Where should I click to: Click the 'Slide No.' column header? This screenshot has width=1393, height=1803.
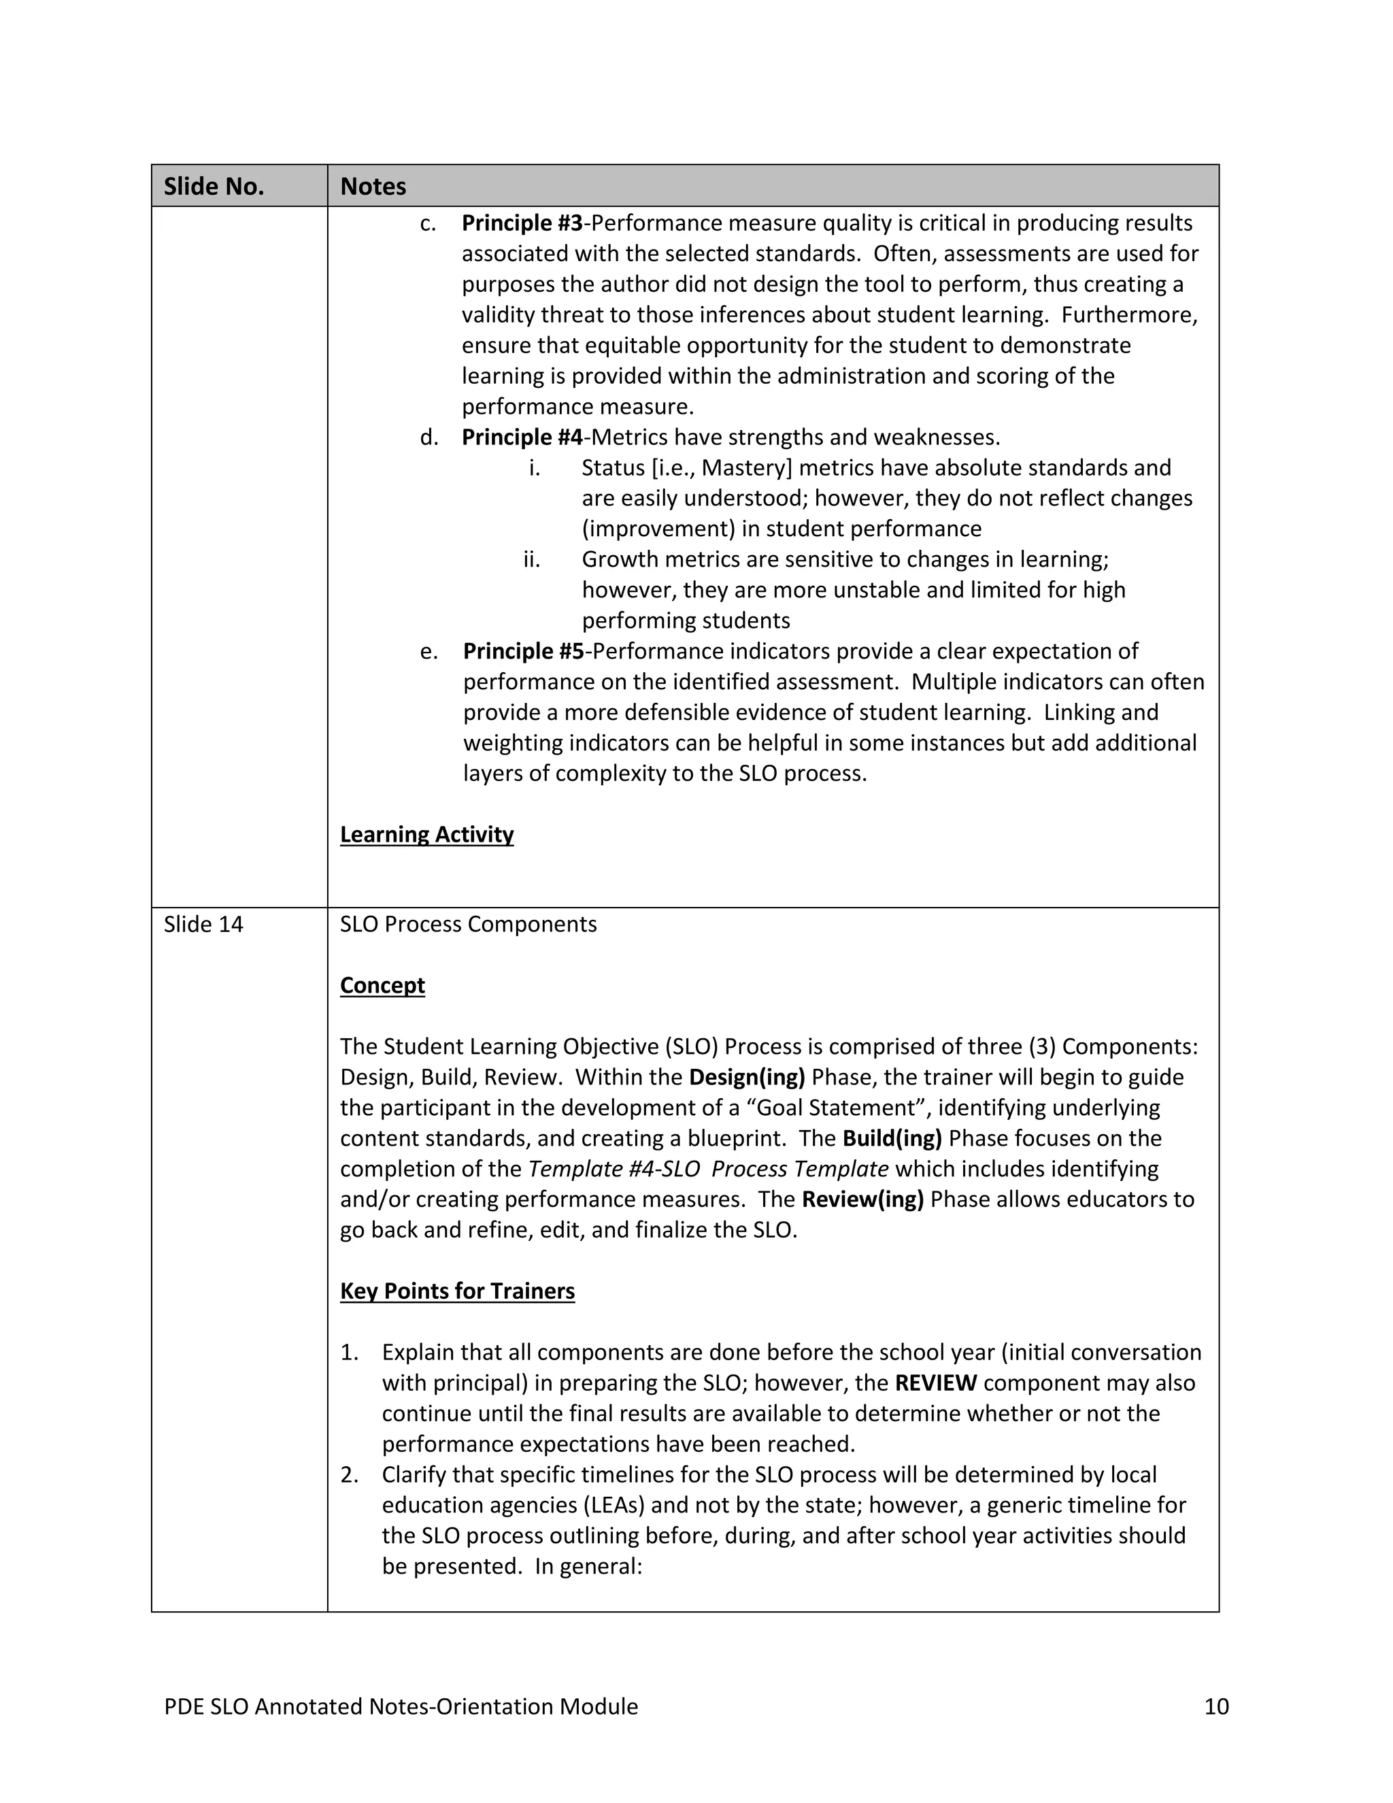(x=214, y=186)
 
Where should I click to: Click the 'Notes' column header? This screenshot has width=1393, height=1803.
(x=373, y=186)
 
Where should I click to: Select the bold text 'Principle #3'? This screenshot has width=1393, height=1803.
(x=522, y=223)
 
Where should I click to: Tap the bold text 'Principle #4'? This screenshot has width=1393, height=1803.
(x=522, y=437)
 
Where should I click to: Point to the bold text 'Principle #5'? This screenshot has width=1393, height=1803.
(x=523, y=650)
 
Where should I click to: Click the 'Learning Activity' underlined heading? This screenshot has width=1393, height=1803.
(x=426, y=834)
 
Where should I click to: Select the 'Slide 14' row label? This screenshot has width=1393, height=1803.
(x=203, y=924)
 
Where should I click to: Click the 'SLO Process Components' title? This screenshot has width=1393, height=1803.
(x=468, y=924)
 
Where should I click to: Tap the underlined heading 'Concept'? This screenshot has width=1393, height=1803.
(x=382, y=985)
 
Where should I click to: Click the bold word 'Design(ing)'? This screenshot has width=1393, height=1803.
(x=747, y=1076)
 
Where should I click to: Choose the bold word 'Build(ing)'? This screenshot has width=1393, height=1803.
(x=892, y=1138)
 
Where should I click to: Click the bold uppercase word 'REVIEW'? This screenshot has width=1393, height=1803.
(x=936, y=1382)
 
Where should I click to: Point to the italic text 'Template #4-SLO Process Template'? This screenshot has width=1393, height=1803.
(x=708, y=1168)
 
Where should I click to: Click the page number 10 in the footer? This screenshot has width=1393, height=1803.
(x=1216, y=1706)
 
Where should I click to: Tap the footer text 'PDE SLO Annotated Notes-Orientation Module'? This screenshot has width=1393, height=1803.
(x=401, y=1706)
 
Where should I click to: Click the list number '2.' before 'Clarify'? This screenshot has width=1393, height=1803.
(x=349, y=1474)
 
